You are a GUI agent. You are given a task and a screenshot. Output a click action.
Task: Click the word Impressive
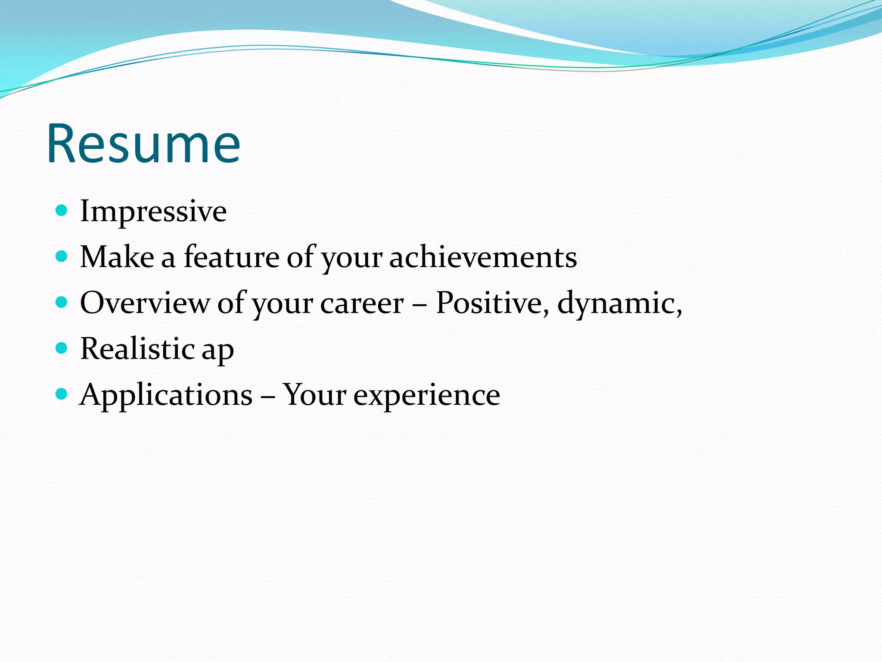coord(153,211)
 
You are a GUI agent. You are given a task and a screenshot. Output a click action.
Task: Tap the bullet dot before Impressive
coord(62,210)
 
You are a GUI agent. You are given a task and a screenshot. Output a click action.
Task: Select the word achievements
coord(483,257)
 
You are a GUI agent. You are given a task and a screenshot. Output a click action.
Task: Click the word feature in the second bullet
coord(232,257)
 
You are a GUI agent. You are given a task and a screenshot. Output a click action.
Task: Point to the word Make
coord(117,257)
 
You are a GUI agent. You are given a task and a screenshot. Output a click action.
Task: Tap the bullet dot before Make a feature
coord(62,256)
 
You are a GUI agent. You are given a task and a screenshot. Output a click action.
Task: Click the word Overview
coord(144,303)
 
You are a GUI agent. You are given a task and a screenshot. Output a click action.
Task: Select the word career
coord(362,303)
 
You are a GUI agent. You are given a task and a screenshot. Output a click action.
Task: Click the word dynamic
coord(618,303)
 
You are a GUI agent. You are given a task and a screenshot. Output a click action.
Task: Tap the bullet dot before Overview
coord(62,302)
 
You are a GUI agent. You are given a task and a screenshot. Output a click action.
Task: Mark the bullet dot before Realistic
coord(62,348)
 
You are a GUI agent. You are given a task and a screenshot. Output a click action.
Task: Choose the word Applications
coord(166,395)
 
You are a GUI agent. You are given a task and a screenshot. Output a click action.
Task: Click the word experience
coord(426,396)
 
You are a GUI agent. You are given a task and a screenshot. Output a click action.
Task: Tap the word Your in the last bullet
coord(314,395)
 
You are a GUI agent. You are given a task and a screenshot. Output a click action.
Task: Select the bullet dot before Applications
coord(62,393)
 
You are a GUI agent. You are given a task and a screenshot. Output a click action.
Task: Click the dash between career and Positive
coord(419,304)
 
